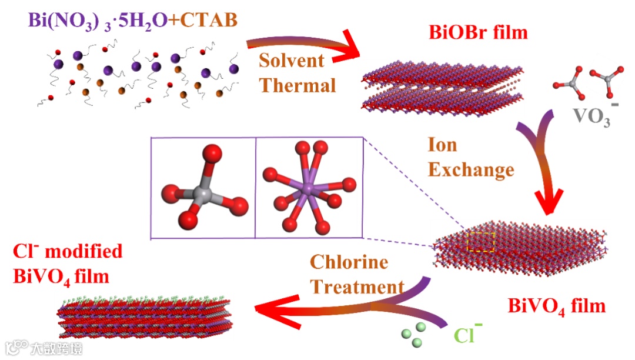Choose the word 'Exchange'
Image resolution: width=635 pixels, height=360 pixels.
point(471,170)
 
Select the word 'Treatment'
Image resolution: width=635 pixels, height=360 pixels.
point(357,287)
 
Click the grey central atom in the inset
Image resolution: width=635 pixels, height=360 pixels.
point(202,194)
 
